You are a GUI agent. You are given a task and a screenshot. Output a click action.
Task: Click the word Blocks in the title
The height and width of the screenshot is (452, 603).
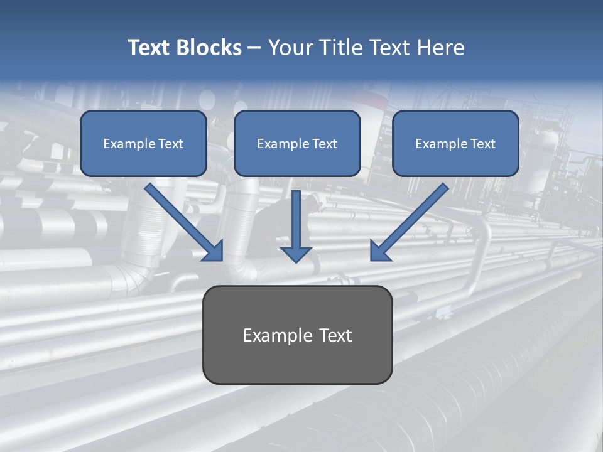209,48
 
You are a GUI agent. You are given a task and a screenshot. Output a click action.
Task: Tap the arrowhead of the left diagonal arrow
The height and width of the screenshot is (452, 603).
214,252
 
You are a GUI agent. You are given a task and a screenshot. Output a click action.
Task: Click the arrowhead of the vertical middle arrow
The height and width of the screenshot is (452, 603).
296,254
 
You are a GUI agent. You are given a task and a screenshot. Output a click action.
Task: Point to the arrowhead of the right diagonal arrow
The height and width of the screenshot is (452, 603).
379,252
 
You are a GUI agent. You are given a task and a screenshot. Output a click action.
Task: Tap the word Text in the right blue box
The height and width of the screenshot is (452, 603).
482,144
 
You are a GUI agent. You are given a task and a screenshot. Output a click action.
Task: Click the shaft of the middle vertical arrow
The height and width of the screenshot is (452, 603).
296,217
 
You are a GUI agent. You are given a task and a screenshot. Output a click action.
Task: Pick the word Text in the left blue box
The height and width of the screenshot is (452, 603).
171,144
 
